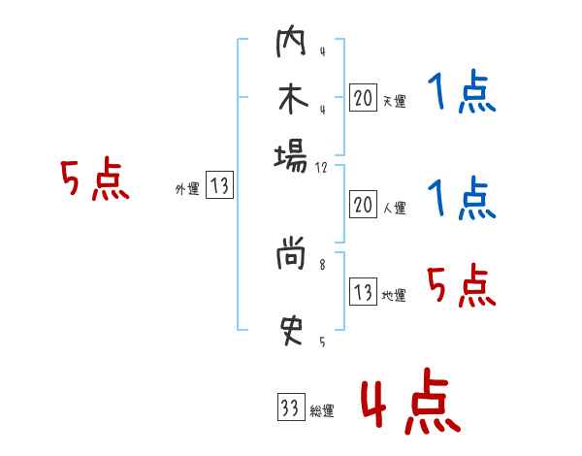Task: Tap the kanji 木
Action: pos(291,99)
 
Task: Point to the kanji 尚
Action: pos(291,256)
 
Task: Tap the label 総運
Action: pos(321,411)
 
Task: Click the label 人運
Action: pos(394,207)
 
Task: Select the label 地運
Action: pos(394,295)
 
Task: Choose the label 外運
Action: pos(186,189)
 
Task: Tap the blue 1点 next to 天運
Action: pos(462,94)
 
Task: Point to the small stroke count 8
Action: pos(322,262)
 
